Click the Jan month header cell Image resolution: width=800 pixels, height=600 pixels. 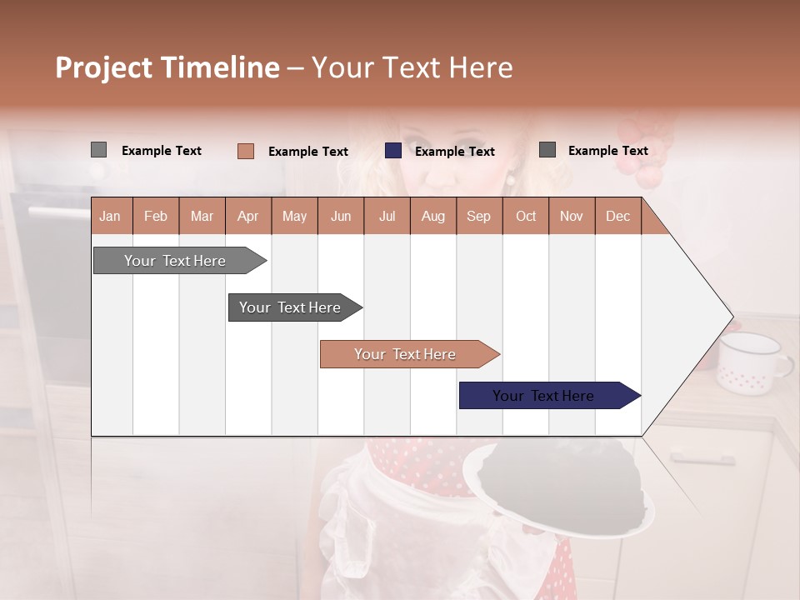pyautogui.click(x=110, y=216)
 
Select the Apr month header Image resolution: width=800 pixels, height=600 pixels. pyautogui.click(x=247, y=216)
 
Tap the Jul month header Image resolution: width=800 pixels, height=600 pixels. pyautogui.click(x=387, y=216)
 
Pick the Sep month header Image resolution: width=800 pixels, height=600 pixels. pyautogui.click(x=478, y=216)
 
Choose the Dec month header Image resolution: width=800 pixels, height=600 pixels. pyautogui.click(x=617, y=216)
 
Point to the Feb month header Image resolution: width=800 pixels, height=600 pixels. pyautogui.click(x=156, y=216)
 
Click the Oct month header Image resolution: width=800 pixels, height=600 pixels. pyautogui.click(x=525, y=216)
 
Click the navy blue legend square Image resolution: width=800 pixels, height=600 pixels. pyautogui.click(x=393, y=151)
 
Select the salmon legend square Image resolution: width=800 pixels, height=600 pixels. pyautogui.click(x=245, y=151)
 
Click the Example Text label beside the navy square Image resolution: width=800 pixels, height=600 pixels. pyautogui.click(x=454, y=152)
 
